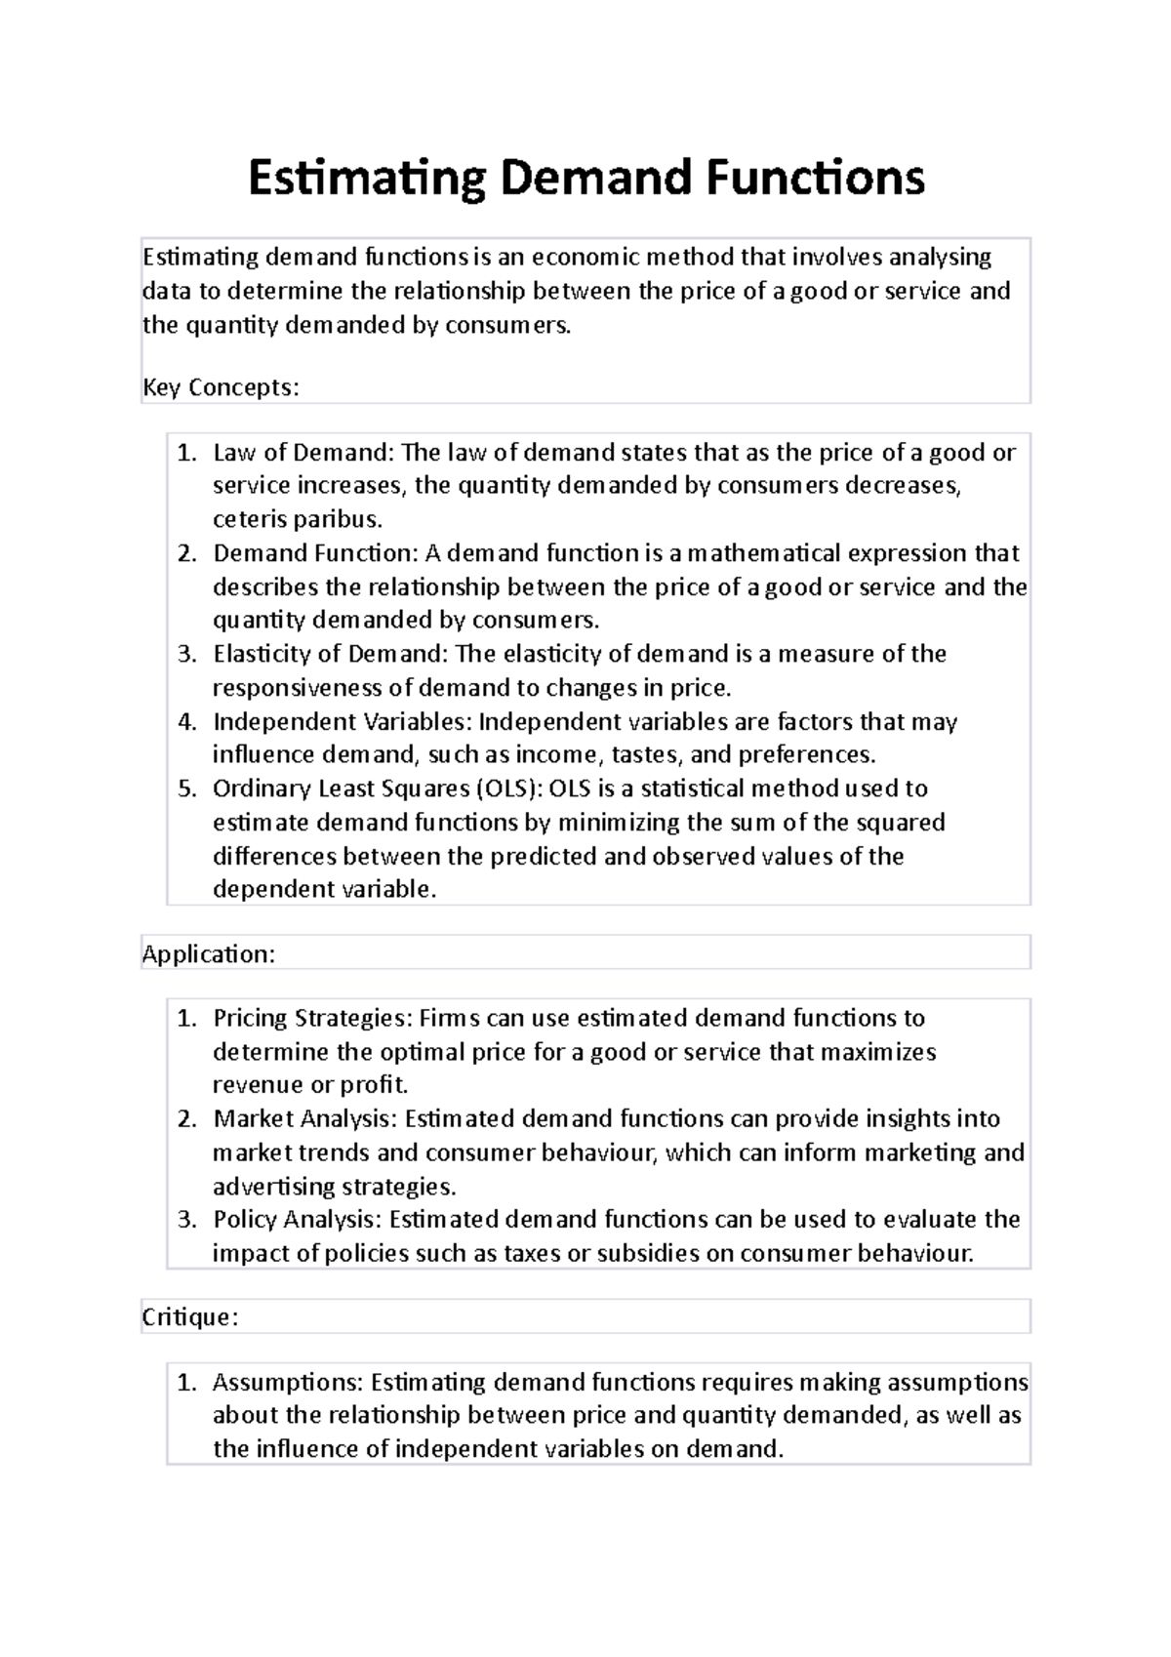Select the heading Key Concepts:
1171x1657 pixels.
[x=221, y=387]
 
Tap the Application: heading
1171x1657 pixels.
[x=209, y=953]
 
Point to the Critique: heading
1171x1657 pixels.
[x=190, y=1317]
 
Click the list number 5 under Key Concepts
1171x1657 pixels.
[x=187, y=788]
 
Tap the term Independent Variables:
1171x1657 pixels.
[x=342, y=722]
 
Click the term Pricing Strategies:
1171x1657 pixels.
[x=312, y=1018]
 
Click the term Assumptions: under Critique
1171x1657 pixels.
[x=287, y=1382]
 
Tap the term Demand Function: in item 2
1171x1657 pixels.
[x=315, y=553]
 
